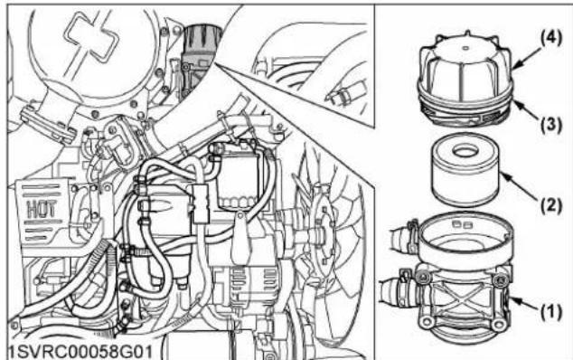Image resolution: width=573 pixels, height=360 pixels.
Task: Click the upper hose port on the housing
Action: coord(401,239)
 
